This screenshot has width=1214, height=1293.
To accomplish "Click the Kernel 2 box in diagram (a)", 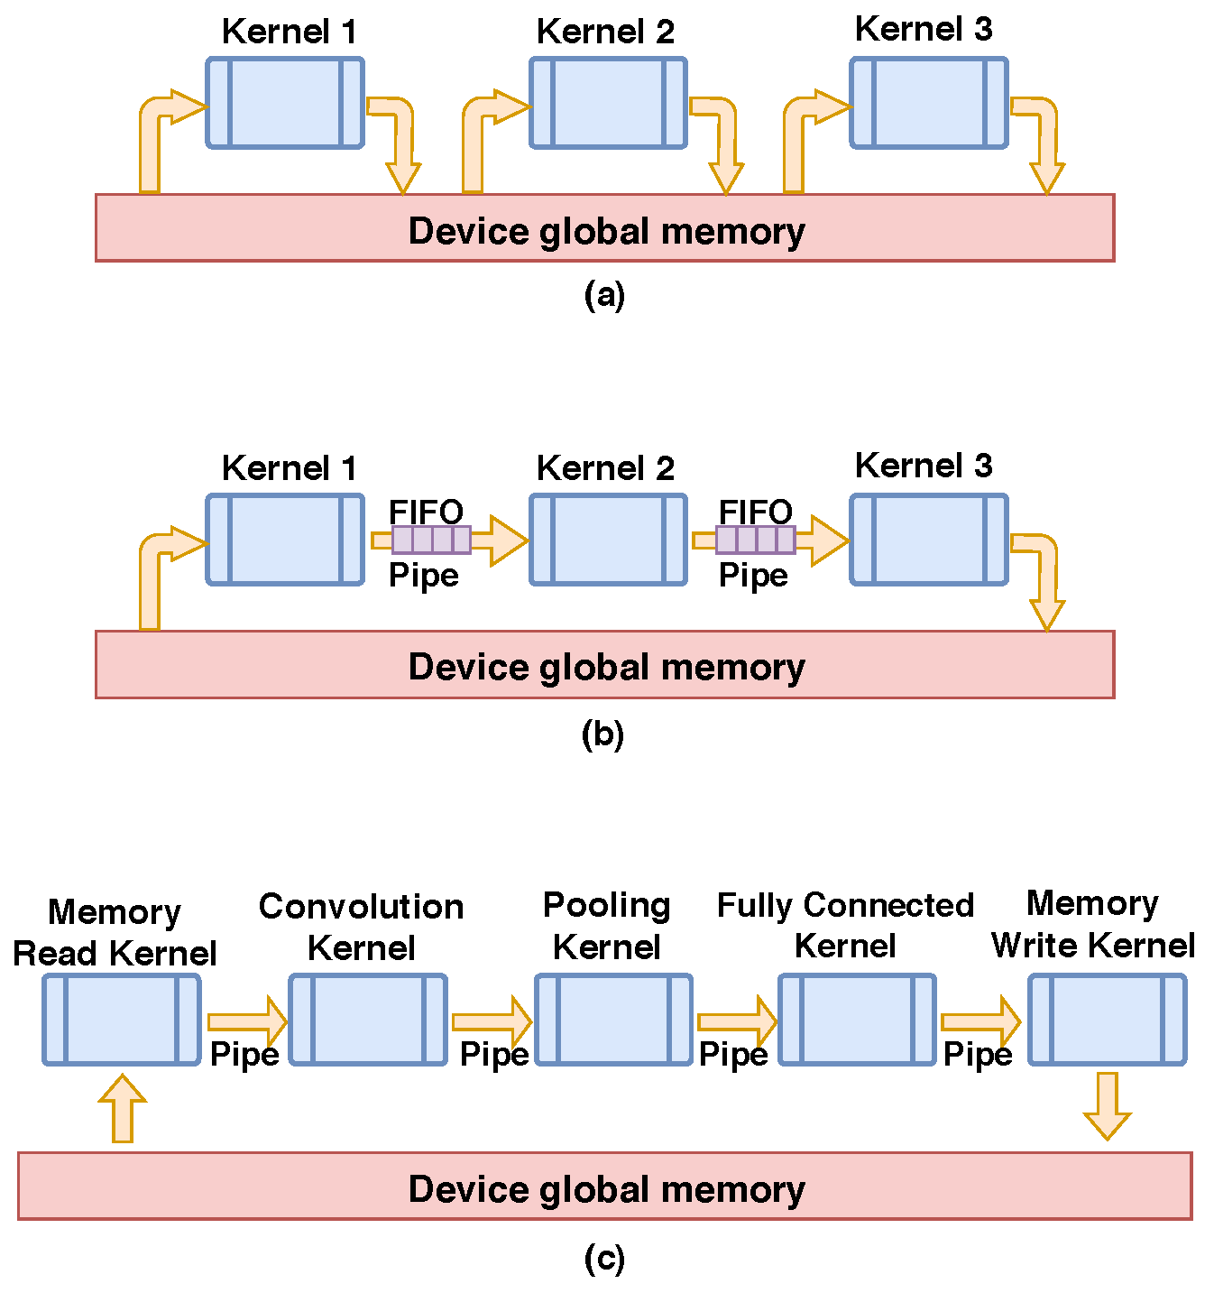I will point(608,103).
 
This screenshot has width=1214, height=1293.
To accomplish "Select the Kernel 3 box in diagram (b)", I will point(928,540).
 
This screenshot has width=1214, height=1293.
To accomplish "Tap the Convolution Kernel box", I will point(368,1020).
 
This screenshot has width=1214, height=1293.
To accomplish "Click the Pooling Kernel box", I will point(613,1020).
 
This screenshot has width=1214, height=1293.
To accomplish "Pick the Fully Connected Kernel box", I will point(857,1020).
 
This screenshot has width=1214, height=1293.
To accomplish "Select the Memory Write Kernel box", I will point(1107,1020).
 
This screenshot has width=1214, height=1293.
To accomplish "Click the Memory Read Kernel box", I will point(122,1020).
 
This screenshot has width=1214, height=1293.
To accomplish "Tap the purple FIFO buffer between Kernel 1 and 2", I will point(431,540).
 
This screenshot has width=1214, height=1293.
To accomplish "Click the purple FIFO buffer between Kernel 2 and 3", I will point(756,540).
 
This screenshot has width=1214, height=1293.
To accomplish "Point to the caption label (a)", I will point(604,295).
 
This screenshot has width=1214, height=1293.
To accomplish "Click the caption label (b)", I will point(602,734).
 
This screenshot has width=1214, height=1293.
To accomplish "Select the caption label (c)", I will point(604,1258).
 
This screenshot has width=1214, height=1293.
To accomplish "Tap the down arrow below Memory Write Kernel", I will point(1107,1106).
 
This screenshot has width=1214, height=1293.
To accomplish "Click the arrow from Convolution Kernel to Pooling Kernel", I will point(492,1021).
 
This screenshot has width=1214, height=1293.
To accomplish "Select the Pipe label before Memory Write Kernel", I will point(978,1054).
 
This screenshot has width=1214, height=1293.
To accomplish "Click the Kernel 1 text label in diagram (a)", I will point(289,32).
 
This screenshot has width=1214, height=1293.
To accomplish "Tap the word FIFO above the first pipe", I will point(426,512).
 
